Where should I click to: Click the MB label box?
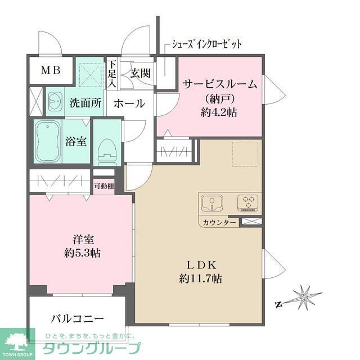51,71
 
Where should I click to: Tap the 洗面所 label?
85,103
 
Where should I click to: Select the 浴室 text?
76,141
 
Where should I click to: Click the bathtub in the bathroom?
48,141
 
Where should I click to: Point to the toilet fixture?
106,149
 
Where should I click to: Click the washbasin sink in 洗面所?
55,102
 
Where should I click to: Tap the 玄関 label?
140,73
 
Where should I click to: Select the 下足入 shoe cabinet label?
112,74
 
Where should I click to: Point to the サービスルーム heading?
219,85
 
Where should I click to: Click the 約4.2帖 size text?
219,112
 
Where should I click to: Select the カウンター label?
221,223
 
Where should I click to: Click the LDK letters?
200,265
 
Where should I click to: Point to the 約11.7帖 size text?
200,278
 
